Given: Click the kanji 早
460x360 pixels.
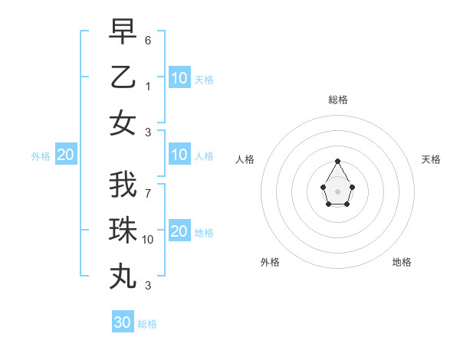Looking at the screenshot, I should pyautogui.click(x=123, y=31).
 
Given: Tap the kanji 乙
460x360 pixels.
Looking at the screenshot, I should pyautogui.click(x=123, y=77).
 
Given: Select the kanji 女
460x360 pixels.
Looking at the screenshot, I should pyautogui.click(x=123, y=123).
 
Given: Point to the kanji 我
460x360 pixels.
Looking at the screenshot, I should pyautogui.click(x=123, y=185).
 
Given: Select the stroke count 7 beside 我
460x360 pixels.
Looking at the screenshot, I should pyautogui.click(x=148, y=193).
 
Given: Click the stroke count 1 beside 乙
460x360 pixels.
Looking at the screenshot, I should pyautogui.click(x=148, y=86).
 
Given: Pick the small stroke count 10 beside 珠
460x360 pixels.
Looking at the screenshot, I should pyautogui.click(x=148, y=240).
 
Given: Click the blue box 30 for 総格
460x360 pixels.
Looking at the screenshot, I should pyautogui.click(x=123, y=322).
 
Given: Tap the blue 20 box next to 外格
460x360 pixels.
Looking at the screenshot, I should pyautogui.click(x=65, y=155).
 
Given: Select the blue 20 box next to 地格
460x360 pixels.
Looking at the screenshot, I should pyautogui.click(x=179, y=231).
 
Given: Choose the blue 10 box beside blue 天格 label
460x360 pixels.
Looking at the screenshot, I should pyautogui.click(x=179, y=78).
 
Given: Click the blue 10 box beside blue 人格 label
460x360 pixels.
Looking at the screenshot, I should pyautogui.click(x=179, y=155).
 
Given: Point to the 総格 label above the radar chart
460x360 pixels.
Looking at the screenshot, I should pyautogui.click(x=338, y=100).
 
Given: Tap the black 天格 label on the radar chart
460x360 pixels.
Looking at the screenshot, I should pyautogui.click(x=431, y=159).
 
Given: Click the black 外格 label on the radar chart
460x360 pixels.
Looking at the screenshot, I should pyautogui.click(x=270, y=262).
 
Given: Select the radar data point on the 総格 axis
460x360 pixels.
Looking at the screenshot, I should pyautogui.click(x=338, y=161).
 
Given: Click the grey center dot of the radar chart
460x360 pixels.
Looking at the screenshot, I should pyautogui.click(x=338, y=191).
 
